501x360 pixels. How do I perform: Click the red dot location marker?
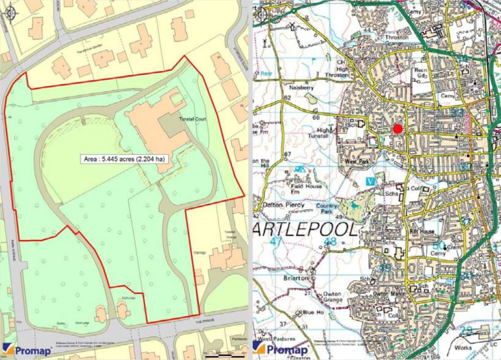coord(398,129)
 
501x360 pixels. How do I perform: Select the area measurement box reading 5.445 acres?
coord(124,159)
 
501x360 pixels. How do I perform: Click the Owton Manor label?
coord(388,294)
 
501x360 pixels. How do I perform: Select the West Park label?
coord(355,161)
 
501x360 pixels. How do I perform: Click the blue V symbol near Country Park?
coord(369,181)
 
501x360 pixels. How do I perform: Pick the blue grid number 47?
coord(276,241)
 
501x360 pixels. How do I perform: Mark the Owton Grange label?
coord(332,297)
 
